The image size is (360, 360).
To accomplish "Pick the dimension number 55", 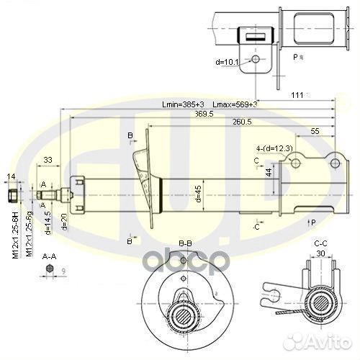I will tap(315, 131).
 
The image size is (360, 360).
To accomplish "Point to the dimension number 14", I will tap(11, 176).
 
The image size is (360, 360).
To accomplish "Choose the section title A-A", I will tap(49, 256).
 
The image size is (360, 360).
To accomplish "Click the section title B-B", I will tap(185, 244).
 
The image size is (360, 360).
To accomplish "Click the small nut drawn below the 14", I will tap(12, 194).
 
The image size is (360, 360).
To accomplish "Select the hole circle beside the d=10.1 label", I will tap(256, 59).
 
